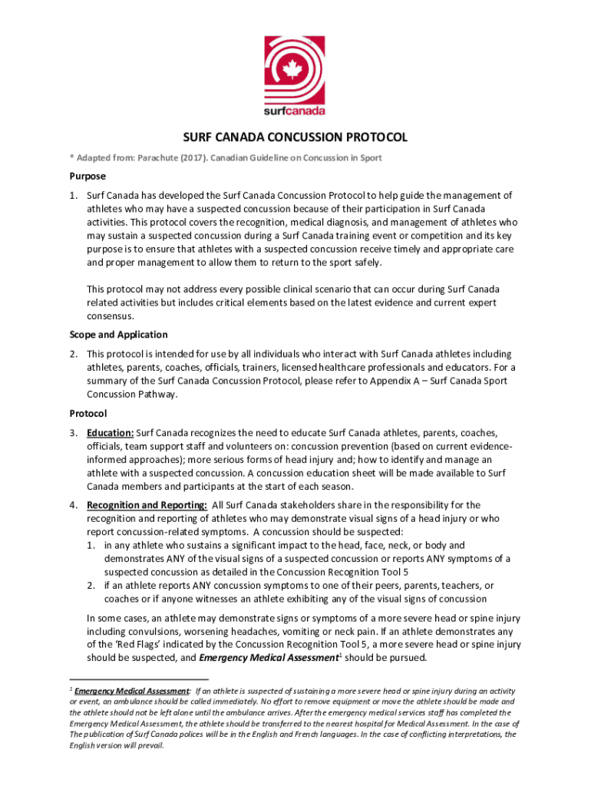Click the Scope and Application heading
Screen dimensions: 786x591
point(118,335)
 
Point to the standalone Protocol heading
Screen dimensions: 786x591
point(90,413)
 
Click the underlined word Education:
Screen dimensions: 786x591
point(111,432)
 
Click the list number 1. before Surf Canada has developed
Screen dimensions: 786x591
point(74,196)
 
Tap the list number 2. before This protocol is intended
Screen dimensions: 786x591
point(74,354)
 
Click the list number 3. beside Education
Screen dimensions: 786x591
point(74,432)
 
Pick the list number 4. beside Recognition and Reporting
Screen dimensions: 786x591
point(74,505)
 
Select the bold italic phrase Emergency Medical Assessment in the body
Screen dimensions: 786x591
point(268,659)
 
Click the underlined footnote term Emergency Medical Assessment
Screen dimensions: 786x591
point(132,692)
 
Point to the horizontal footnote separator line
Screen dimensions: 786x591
point(138,680)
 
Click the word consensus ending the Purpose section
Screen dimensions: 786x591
point(111,315)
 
